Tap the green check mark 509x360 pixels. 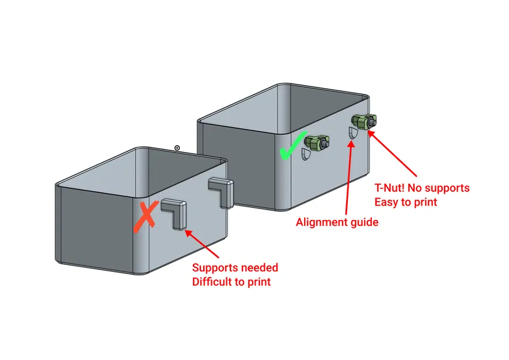click(x=293, y=146)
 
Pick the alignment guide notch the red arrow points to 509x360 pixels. click(x=352, y=132)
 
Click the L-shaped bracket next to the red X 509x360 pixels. click(x=174, y=213)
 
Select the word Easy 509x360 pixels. click(x=387, y=202)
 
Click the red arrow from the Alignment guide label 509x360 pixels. click(x=348, y=179)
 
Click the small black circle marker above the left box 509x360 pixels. click(x=177, y=148)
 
